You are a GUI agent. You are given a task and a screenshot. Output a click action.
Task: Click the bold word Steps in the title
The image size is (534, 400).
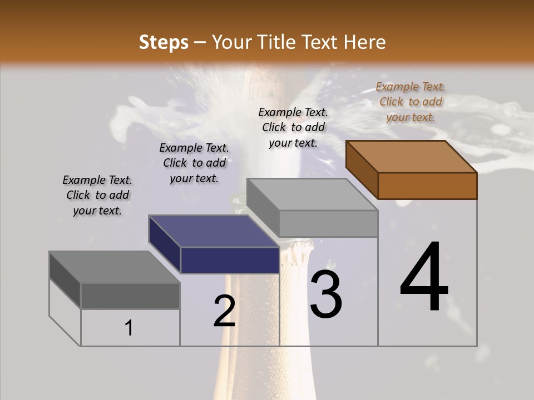tap(164, 42)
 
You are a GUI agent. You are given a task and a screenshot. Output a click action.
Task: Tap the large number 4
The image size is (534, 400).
tap(424, 278)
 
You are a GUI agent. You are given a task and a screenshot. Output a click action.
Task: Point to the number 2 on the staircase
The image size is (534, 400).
tap(224, 312)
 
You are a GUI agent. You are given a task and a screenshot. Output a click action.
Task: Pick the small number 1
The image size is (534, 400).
tap(128, 328)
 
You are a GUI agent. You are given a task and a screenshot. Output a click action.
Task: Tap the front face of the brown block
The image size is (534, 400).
tap(427, 186)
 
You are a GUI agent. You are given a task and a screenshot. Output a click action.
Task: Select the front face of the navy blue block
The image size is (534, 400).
tap(230, 260)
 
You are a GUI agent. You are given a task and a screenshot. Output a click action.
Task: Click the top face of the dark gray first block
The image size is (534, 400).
tap(114, 267)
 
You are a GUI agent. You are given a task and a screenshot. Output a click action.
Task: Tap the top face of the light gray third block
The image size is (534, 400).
tap(312, 194)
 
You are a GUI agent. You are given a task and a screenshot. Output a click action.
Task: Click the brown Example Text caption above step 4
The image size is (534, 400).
tap(411, 102)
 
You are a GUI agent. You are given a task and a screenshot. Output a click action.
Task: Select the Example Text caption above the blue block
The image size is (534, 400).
tap(194, 163)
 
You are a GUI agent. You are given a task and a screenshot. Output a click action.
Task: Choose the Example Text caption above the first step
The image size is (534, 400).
tap(97, 195)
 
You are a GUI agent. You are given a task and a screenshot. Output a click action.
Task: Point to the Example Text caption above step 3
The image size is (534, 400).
tap(293, 127)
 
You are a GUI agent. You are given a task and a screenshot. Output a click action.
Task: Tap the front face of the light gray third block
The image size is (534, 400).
tap(328, 224)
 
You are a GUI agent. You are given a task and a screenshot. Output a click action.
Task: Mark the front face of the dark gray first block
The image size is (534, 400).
tap(130, 296)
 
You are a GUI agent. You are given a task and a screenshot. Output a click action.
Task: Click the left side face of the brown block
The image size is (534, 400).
tap(362, 169)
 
